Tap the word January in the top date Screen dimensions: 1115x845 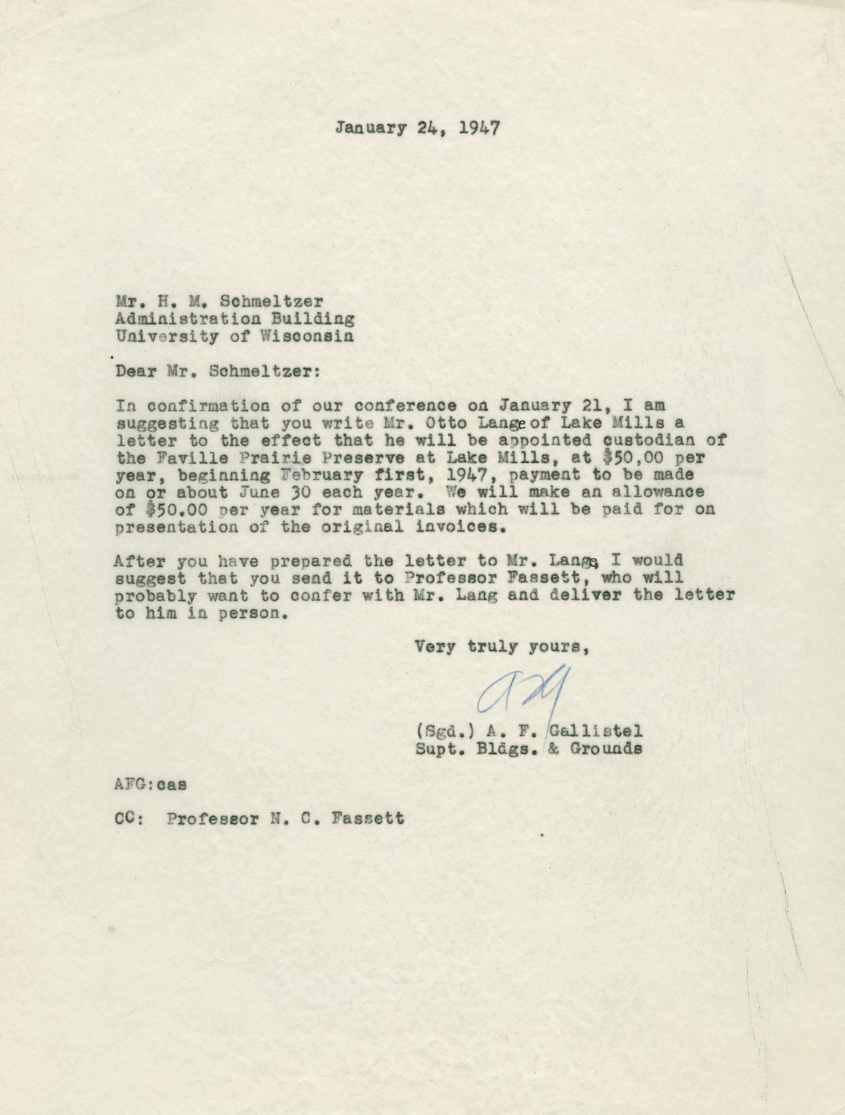click(370, 129)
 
